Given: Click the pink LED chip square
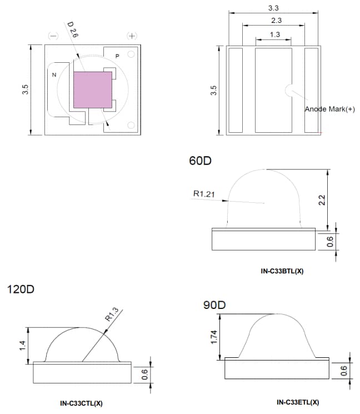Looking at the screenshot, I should pyautogui.click(x=93, y=89).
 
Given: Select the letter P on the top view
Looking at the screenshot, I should pyautogui.click(x=117, y=56).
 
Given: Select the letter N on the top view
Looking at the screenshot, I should pyautogui.click(x=54, y=74).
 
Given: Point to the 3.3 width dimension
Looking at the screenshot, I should pyautogui.click(x=273, y=8).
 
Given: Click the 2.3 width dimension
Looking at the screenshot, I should pyautogui.click(x=274, y=21).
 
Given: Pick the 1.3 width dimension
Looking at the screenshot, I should pyautogui.click(x=274, y=34).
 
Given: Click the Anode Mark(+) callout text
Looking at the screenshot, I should pyautogui.click(x=329, y=109).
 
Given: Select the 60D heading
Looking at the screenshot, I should pyautogui.click(x=201, y=161).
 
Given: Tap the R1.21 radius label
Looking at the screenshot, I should pyautogui.click(x=203, y=193).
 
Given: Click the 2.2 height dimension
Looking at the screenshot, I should pyautogui.click(x=321, y=200).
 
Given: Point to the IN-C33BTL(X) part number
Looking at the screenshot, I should pyautogui.click(x=282, y=271).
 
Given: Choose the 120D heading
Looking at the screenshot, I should pyautogui.click(x=21, y=290).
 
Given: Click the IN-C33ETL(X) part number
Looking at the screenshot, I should pyautogui.click(x=297, y=402).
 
